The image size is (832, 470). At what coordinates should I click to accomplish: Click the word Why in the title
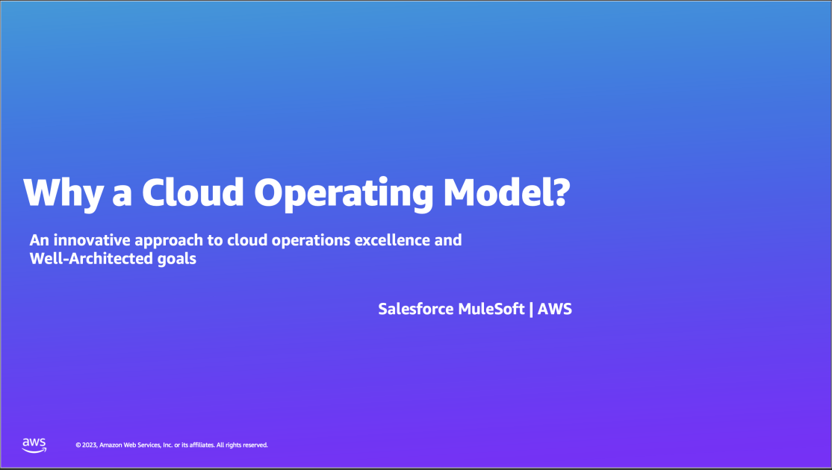pos(62,192)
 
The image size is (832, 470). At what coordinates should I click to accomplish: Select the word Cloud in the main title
pos(193,192)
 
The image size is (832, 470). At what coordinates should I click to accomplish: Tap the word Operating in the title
pos(344,194)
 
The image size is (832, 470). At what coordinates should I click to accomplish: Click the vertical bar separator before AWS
pos(531,309)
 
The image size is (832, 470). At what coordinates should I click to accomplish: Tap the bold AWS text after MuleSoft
pos(555,309)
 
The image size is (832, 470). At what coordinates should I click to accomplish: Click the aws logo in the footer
pos(34,445)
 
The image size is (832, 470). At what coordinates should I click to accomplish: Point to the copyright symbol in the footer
pos(78,445)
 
